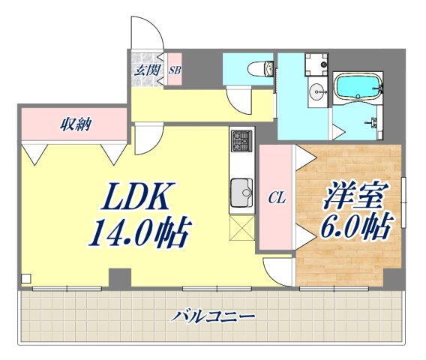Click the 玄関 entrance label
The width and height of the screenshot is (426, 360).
coord(146,71)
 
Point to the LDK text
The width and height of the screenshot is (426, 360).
coord(139,199)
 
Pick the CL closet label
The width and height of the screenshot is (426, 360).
coord(277,198)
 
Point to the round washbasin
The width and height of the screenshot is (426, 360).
coord(318,93)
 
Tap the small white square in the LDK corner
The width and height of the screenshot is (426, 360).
coord(26,279)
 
